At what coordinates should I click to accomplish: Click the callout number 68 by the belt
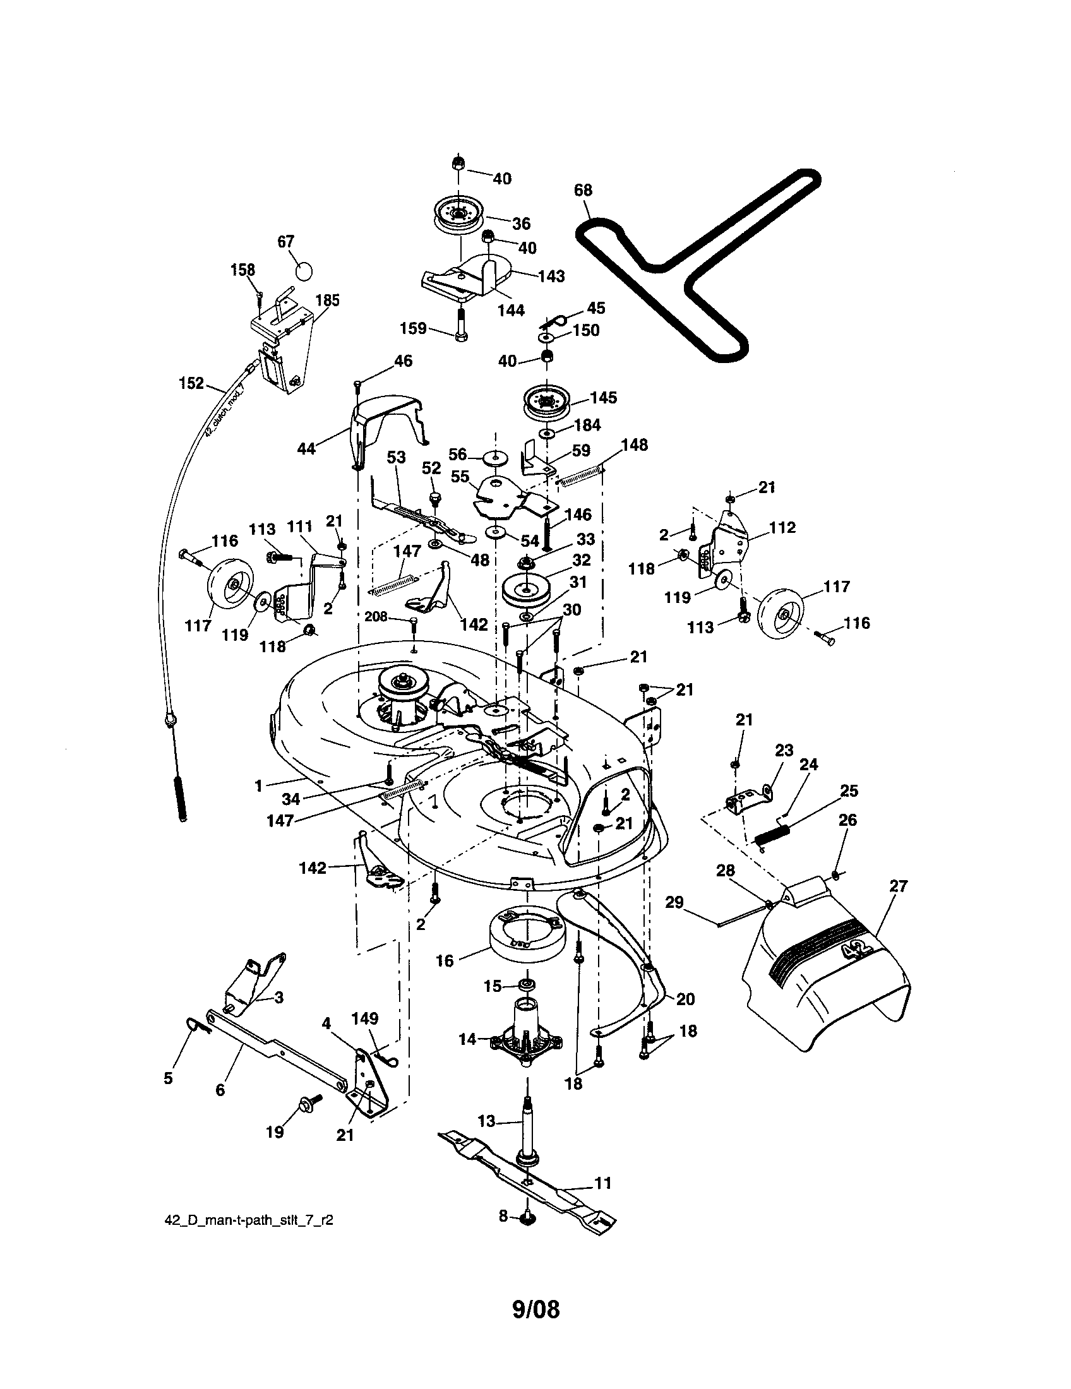pos(583,190)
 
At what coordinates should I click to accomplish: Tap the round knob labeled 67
pos(304,270)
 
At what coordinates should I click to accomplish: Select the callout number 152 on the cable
pos(191,383)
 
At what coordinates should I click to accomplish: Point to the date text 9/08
pos(535,1309)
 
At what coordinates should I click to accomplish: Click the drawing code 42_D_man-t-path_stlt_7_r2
pos(249,1220)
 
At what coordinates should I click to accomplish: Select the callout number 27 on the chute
pos(899,886)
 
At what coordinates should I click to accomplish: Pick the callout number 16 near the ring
pos(445,960)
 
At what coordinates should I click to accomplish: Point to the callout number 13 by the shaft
pos(486,1121)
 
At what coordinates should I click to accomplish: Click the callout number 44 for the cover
pos(306,449)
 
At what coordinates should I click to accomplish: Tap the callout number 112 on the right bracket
pos(782,528)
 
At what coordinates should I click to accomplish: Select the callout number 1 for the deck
pos(258,787)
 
